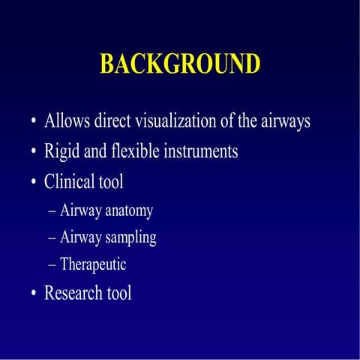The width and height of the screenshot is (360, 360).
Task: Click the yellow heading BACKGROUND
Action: [180, 64]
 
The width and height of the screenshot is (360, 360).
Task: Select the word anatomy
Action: [129, 211]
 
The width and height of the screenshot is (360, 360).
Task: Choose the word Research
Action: [73, 292]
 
